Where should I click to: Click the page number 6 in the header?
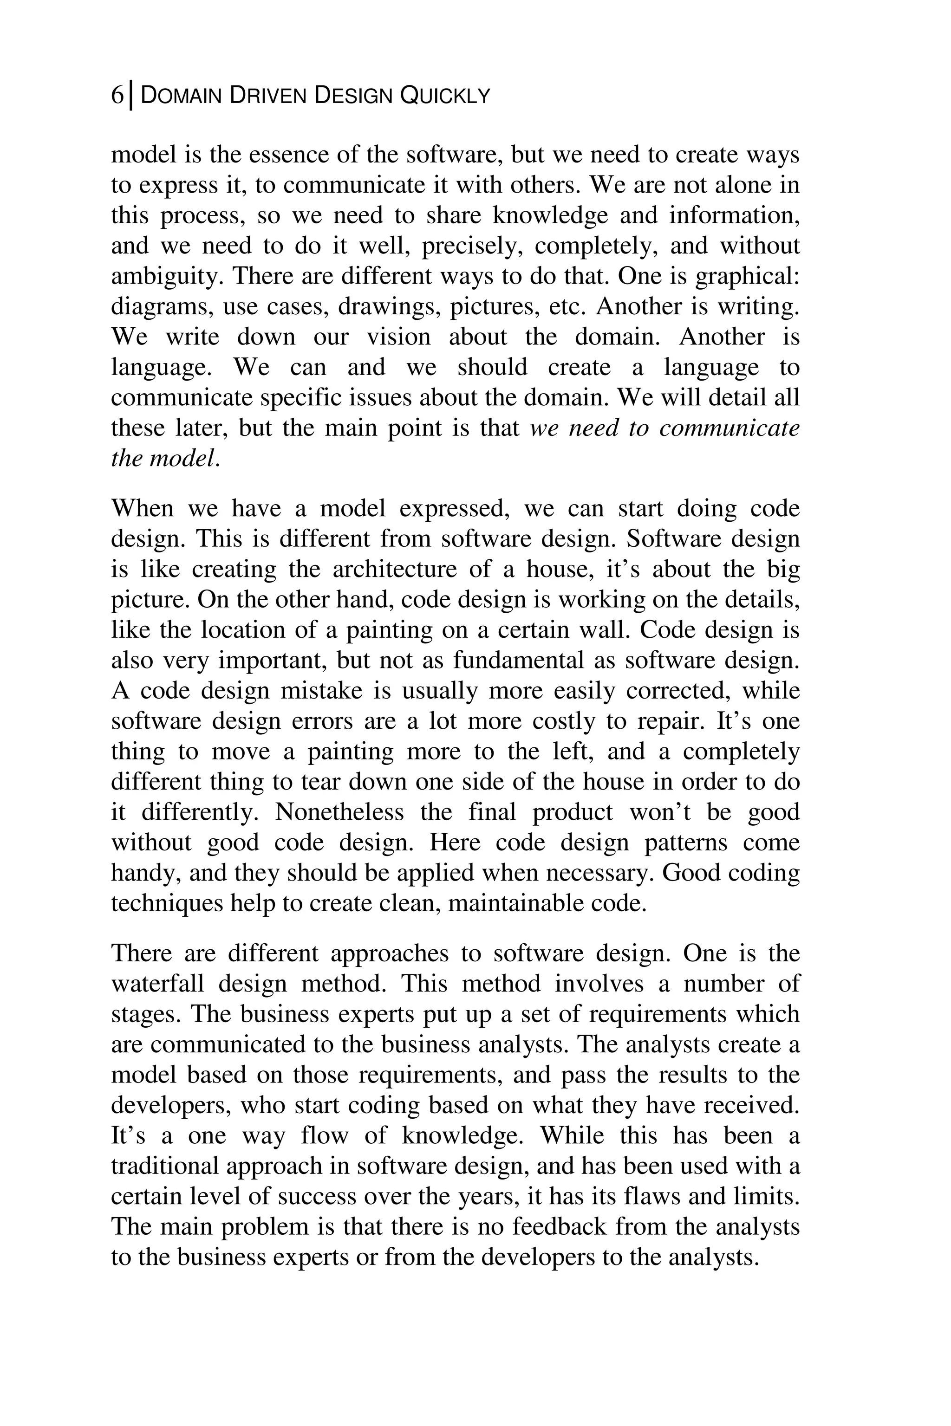117,96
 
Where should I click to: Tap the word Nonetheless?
339,812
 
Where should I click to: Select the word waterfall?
158,984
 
